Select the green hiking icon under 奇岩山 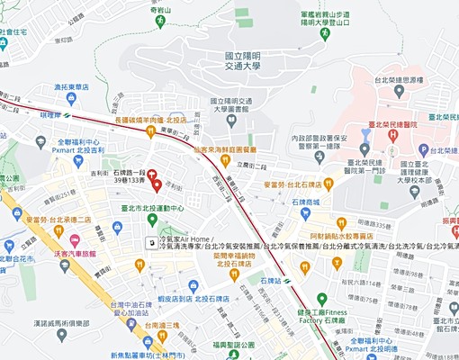pos(164,19)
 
